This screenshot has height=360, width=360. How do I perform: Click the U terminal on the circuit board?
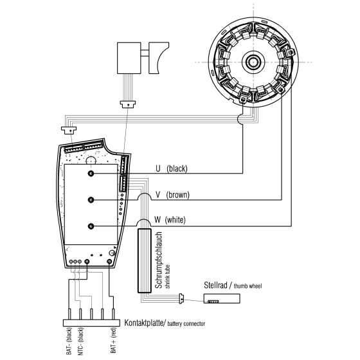pyautogui.click(x=91, y=174)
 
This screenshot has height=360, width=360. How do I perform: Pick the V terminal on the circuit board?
pyautogui.click(x=91, y=199)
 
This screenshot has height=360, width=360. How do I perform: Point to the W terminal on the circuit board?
pyautogui.click(x=91, y=226)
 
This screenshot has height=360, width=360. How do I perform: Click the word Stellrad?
pyautogui.click(x=217, y=285)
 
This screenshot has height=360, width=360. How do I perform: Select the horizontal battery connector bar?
pyautogui.click(x=91, y=322)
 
